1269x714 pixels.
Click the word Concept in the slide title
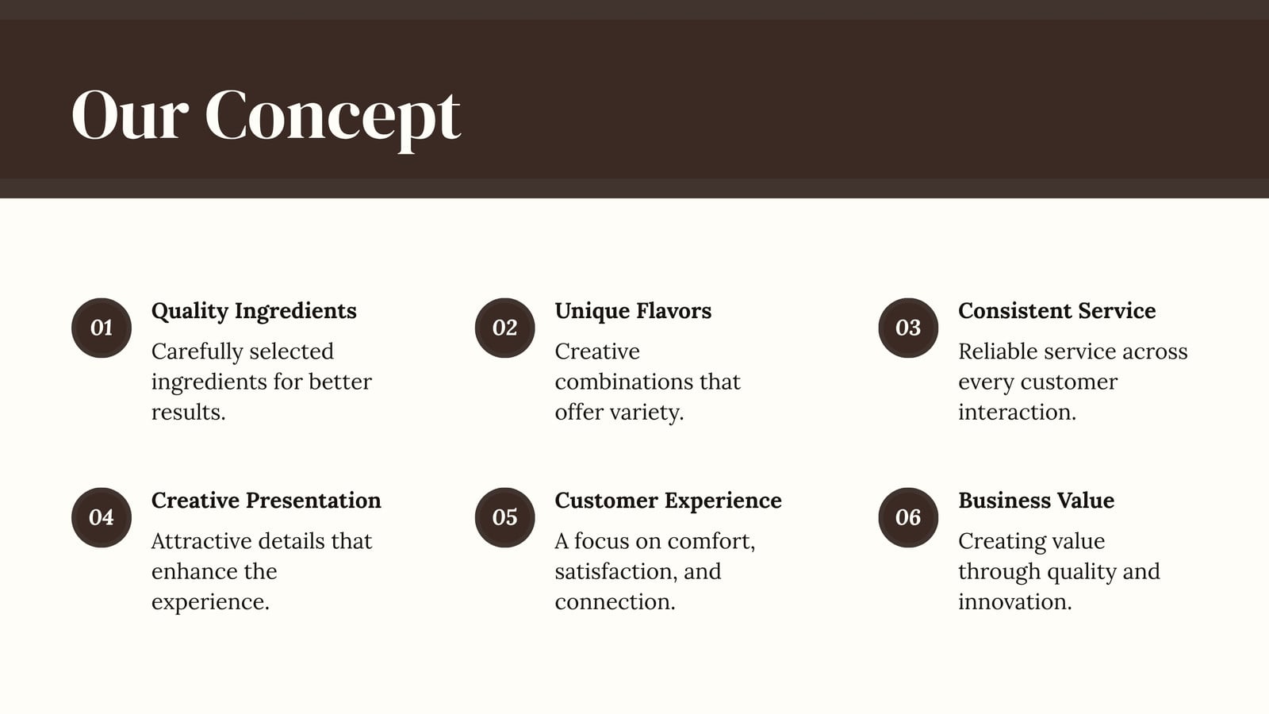[332, 117]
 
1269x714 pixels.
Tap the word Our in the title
[130, 114]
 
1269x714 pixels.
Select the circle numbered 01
[102, 328]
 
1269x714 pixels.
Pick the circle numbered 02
[504, 328]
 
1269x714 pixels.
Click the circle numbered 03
[908, 328]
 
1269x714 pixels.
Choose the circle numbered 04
[102, 517]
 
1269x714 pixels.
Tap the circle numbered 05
[504, 517]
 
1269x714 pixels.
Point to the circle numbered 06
[908, 517]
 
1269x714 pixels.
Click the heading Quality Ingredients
[254, 312]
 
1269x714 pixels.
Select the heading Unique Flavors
[633, 311]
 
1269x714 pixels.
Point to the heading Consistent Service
[1056, 310]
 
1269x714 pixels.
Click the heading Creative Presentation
[266, 501]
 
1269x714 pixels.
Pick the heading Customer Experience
[668, 501]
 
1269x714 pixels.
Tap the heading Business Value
[1036, 501]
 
